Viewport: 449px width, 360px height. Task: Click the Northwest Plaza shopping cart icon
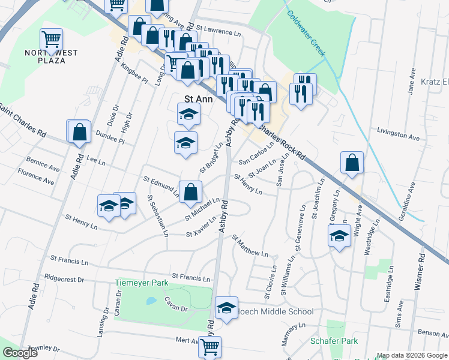point(51,40)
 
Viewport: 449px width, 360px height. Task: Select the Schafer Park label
point(334,341)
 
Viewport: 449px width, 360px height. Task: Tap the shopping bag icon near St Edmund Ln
point(190,192)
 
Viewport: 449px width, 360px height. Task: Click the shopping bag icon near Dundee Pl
point(79,133)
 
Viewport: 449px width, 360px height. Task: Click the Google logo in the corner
point(20,353)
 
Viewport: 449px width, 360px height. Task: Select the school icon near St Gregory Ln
point(339,235)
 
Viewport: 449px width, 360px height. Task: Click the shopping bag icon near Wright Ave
point(352,163)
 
